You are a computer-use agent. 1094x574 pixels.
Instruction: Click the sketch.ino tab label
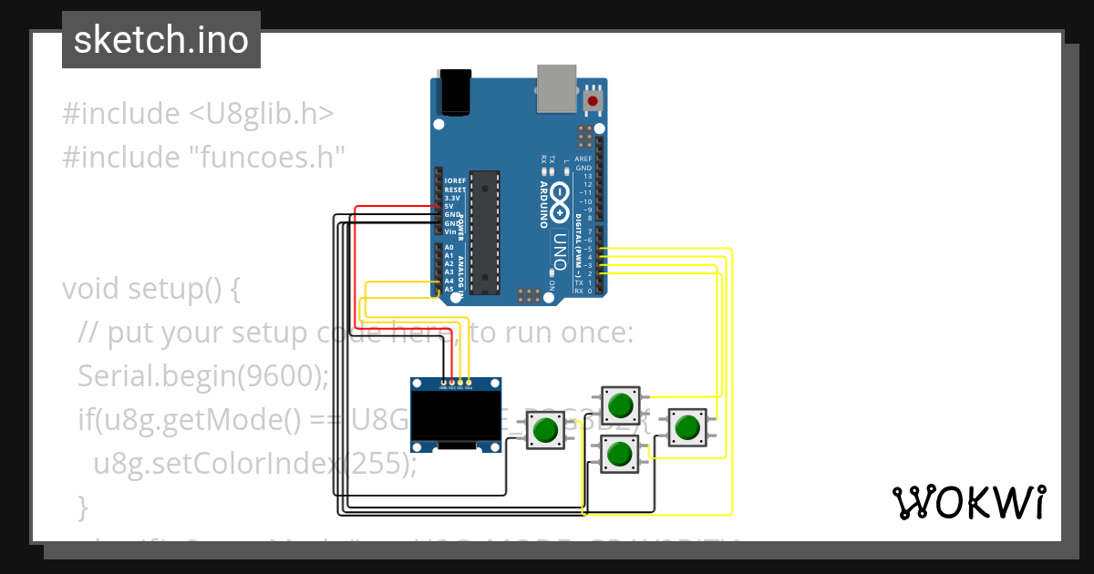(160, 40)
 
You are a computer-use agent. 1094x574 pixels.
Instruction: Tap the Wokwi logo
(968, 502)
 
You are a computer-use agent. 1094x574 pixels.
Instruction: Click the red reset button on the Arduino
(594, 99)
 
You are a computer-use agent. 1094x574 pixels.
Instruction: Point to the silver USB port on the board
(555, 87)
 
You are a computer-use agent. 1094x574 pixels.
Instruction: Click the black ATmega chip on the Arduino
(486, 232)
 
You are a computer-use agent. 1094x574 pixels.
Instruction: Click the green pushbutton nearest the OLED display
(545, 429)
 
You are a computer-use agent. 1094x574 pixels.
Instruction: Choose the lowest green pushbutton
(620, 453)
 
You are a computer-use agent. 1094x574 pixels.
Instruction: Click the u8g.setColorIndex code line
(254, 464)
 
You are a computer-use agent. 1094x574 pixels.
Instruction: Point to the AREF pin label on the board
(583, 159)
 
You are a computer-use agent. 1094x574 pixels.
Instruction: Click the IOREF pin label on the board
(455, 180)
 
